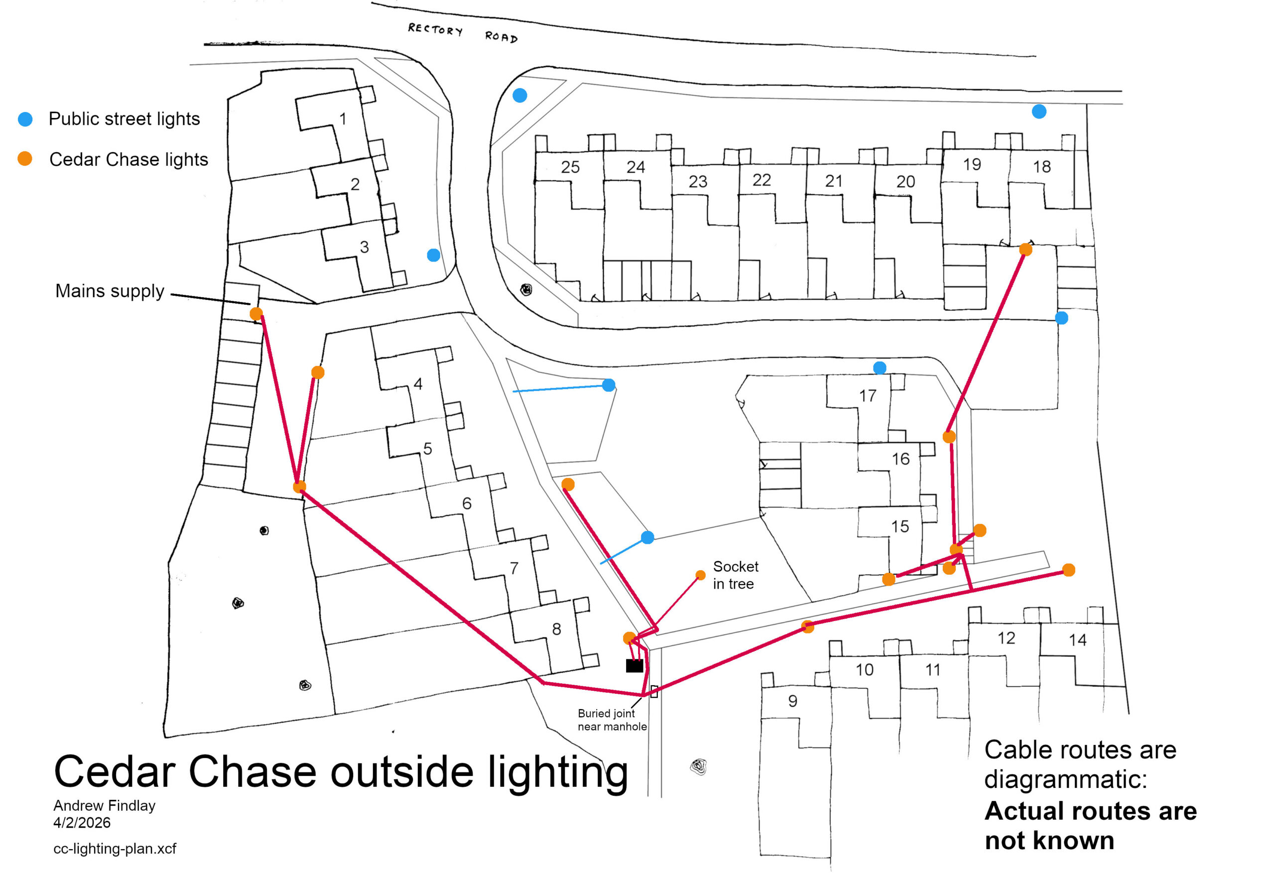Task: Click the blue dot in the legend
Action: (25, 120)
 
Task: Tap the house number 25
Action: (570, 167)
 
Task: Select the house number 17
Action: (868, 396)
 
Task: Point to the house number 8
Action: (556, 629)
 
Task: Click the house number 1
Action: (343, 119)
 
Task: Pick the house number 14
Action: (1078, 640)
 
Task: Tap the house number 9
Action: (792, 701)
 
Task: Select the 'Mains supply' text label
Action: (110, 291)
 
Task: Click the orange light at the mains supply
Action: (256, 314)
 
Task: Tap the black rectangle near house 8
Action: (634, 665)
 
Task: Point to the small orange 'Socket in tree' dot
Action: (700, 575)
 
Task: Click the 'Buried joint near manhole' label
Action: (612, 720)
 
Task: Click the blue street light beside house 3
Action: (434, 255)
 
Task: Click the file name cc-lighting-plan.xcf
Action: (115, 848)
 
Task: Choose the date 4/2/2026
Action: (82, 823)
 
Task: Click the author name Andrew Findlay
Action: (105, 805)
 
